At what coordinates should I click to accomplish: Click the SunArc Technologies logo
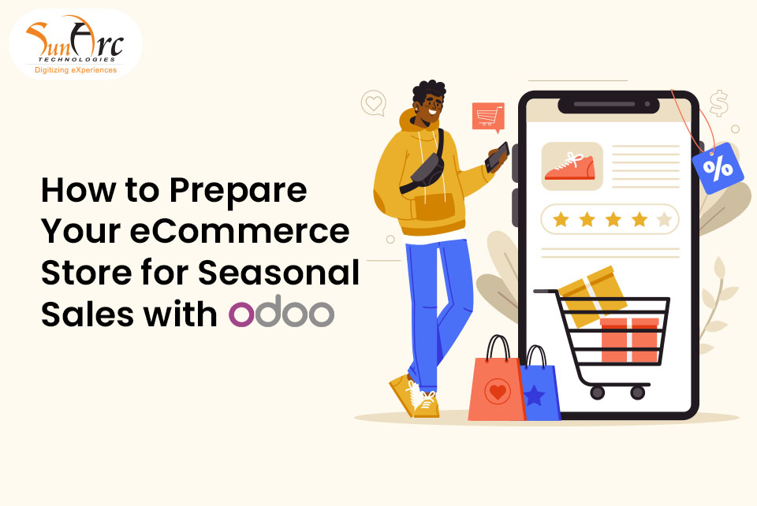click(74, 45)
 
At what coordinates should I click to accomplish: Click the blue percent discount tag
click(717, 168)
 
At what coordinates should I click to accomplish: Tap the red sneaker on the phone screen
click(572, 166)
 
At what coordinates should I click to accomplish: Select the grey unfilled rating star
click(665, 219)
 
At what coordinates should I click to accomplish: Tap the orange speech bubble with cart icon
click(488, 117)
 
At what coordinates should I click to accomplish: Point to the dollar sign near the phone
click(718, 103)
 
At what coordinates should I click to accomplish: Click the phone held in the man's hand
click(497, 158)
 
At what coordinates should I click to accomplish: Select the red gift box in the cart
click(628, 340)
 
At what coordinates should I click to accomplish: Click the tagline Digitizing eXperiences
click(76, 70)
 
